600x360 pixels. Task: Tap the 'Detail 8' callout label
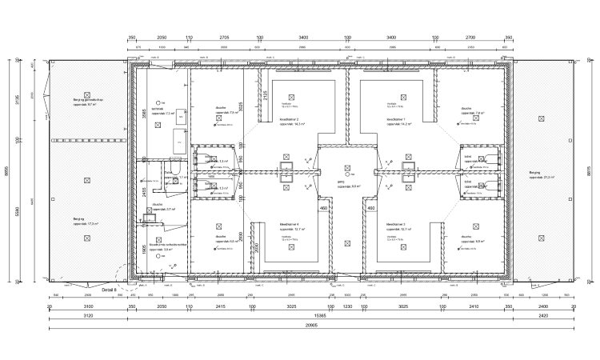point(110,289)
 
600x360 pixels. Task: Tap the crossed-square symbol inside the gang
point(346,169)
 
